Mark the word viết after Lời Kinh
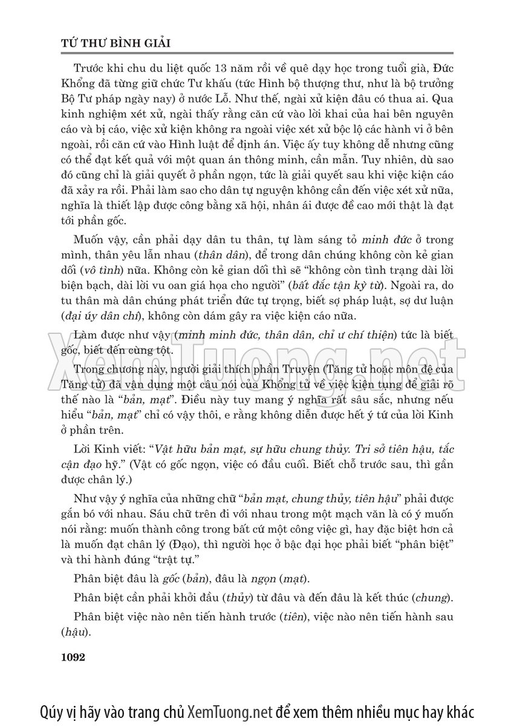coord(130,449)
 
